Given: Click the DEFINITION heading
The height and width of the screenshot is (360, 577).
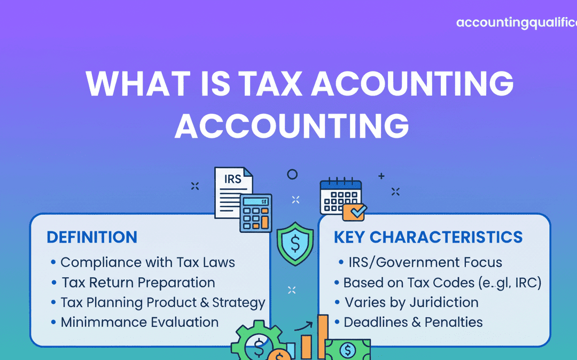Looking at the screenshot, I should (92, 237).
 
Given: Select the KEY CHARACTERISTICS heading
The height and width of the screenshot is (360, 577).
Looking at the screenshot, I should (428, 237).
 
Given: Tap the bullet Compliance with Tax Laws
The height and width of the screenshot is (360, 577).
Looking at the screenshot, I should (147, 262).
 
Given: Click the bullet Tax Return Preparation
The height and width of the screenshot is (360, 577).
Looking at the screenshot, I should (138, 283).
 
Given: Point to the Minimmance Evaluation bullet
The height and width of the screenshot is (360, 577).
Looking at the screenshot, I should (139, 323).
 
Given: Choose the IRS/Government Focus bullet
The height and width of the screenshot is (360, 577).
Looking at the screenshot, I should (425, 262).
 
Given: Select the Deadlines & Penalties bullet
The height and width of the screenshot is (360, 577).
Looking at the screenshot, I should (413, 322).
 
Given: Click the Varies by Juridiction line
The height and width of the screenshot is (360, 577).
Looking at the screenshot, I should (411, 302).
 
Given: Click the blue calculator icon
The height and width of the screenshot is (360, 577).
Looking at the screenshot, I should (255, 213).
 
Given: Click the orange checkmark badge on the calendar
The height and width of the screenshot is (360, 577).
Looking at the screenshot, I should (354, 212).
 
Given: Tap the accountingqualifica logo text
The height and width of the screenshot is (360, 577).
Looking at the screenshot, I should (516, 23).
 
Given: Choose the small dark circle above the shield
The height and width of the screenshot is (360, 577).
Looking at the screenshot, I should (292, 174).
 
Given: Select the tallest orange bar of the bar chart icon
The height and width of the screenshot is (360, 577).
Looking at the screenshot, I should (323, 336).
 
